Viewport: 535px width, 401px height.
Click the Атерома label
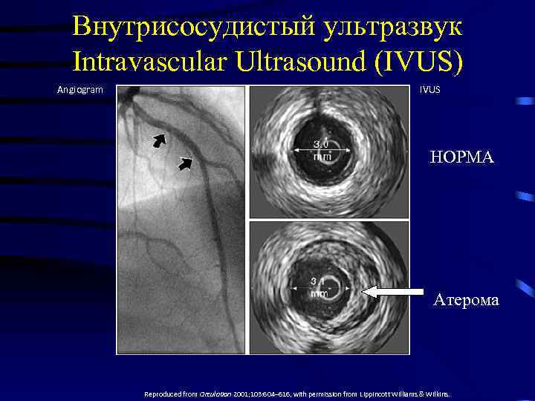466,300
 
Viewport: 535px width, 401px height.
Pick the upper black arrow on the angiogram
160,140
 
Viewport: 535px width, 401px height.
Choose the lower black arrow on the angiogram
185,163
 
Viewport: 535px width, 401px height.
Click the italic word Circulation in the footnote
210,394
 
